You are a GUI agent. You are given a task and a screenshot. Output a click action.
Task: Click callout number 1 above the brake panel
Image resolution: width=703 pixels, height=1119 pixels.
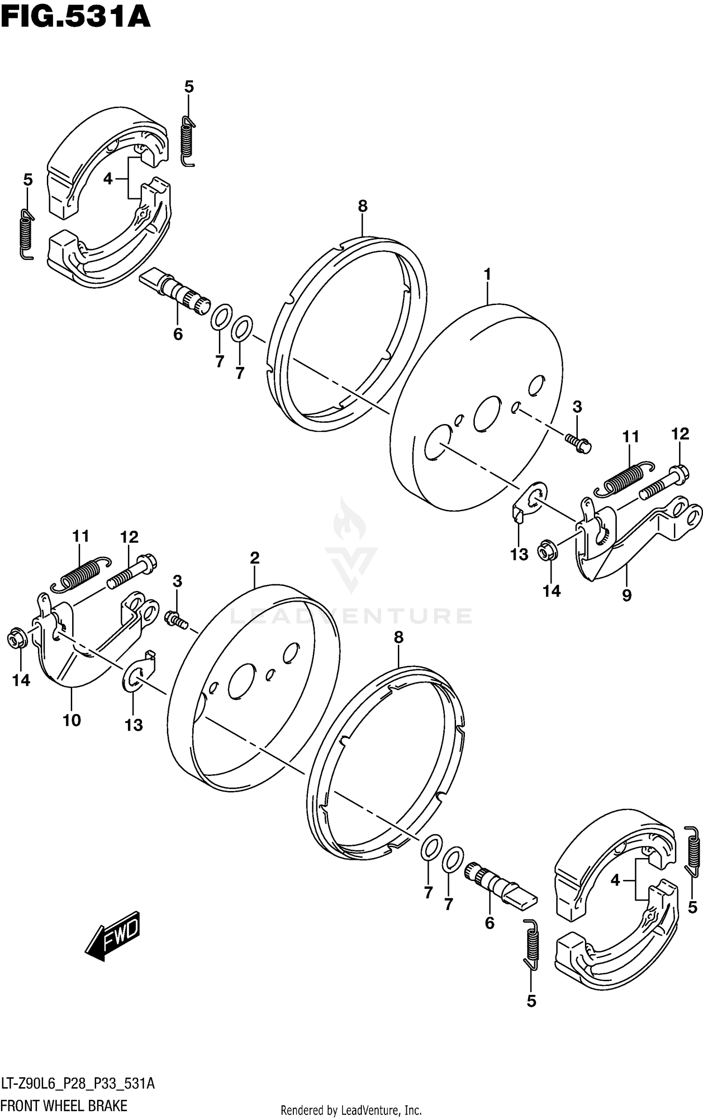coord(487,274)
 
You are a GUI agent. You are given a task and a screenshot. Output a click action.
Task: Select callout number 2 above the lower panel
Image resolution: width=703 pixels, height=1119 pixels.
coord(254,558)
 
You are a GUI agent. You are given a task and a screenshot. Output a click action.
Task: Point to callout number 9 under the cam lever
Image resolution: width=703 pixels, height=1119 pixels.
coord(627,596)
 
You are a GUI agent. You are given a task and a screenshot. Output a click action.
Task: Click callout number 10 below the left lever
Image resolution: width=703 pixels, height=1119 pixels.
coord(72,720)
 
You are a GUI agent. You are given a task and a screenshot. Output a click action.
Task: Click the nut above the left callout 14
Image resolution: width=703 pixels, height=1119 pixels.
coord(17,640)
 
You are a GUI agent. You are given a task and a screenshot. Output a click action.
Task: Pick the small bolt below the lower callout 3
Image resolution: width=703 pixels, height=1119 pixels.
coord(176,619)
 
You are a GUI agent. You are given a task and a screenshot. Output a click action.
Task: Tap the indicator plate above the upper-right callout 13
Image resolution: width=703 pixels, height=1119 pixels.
coord(529,502)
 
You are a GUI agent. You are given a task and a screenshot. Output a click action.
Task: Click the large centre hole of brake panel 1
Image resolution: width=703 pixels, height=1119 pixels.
coord(487,413)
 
